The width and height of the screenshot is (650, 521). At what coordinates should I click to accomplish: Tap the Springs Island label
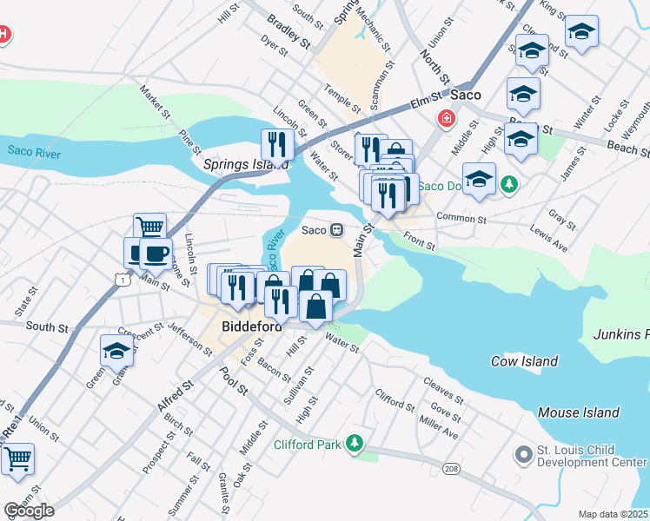(x=233, y=163)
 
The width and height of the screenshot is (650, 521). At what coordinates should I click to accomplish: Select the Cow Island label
(x=524, y=361)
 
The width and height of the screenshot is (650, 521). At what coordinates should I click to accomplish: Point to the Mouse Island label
(x=578, y=412)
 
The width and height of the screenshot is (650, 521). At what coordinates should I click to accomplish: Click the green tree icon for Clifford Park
(x=354, y=445)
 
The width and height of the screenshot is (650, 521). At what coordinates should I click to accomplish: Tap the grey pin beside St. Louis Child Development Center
(x=523, y=455)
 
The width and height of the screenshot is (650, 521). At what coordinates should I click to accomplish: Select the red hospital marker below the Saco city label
(x=447, y=117)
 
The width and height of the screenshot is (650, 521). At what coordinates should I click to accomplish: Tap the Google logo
(x=29, y=511)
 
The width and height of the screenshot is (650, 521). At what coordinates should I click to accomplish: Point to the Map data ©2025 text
(x=614, y=514)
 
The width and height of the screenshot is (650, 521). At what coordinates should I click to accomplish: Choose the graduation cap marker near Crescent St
(x=116, y=351)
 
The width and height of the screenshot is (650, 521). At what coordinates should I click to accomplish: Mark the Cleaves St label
(x=442, y=384)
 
